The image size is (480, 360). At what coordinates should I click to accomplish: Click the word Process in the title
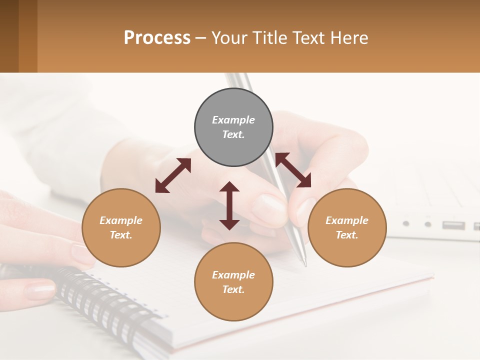(157, 38)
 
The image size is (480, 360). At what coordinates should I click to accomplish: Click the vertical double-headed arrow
(229, 206)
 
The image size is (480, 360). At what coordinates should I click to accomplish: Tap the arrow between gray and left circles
(173, 175)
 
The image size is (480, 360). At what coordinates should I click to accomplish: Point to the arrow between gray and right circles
(293, 170)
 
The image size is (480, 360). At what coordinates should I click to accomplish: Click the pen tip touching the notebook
(304, 262)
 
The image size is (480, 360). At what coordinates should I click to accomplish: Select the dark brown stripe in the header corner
(9, 36)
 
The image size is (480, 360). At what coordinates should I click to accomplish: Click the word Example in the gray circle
(233, 120)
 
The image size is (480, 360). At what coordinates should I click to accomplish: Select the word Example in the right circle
(347, 220)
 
